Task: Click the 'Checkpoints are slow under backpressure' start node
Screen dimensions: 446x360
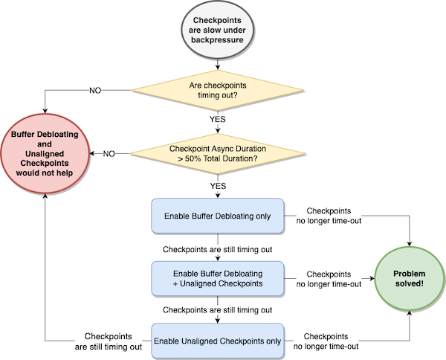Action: pyautogui.click(x=217, y=30)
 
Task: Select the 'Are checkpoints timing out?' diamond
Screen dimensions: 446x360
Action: pyautogui.click(x=218, y=90)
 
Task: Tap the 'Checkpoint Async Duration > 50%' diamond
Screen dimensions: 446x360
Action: pyautogui.click(x=218, y=154)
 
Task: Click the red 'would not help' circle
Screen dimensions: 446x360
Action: pyautogui.click(x=45, y=154)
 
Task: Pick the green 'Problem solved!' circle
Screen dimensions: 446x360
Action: pyautogui.click(x=410, y=279)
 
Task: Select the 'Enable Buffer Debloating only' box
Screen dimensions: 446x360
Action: pyautogui.click(x=218, y=216)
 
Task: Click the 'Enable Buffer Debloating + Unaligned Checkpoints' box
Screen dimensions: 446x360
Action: pyautogui.click(x=218, y=279)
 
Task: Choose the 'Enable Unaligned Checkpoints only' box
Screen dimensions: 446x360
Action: pyautogui.click(x=218, y=341)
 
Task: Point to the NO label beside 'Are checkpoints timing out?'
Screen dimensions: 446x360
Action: pyautogui.click(x=95, y=91)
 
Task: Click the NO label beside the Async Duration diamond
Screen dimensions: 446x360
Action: pyautogui.click(x=109, y=154)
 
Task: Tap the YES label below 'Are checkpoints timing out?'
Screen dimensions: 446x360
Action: pyautogui.click(x=218, y=119)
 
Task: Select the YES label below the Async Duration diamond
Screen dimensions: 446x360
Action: pyautogui.click(x=218, y=186)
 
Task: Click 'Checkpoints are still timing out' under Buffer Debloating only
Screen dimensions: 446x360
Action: pyautogui.click(x=218, y=250)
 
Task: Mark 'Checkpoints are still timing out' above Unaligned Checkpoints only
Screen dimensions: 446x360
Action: pyautogui.click(x=218, y=310)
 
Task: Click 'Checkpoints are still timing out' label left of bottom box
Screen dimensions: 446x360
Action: pyautogui.click(x=109, y=341)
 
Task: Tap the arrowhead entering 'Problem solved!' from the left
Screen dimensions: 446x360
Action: pyautogui.click(x=372, y=278)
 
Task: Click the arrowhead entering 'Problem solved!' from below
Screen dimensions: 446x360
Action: pyautogui.click(x=410, y=314)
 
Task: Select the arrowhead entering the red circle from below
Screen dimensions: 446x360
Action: pyautogui.click(x=45, y=196)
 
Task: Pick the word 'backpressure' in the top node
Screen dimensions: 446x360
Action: pyautogui.click(x=217, y=40)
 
